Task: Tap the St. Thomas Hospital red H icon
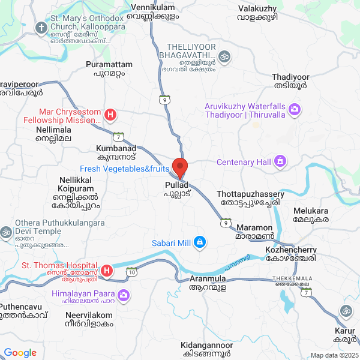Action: pos(107,271)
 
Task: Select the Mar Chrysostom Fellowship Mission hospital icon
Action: pos(110,115)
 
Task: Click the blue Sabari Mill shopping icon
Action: pos(200,243)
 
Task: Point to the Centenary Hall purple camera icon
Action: pos(280,161)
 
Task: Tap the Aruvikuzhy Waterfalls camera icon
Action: pos(295,109)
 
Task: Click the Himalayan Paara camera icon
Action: pos(124,295)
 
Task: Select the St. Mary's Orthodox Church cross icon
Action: pos(41,28)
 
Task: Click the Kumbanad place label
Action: pos(116,152)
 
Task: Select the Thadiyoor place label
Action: pos(290,82)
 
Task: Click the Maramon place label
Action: pos(254,232)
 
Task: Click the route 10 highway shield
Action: pos(131,272)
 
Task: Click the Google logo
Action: pos(20,353)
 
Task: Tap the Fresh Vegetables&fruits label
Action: pos(125,169)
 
